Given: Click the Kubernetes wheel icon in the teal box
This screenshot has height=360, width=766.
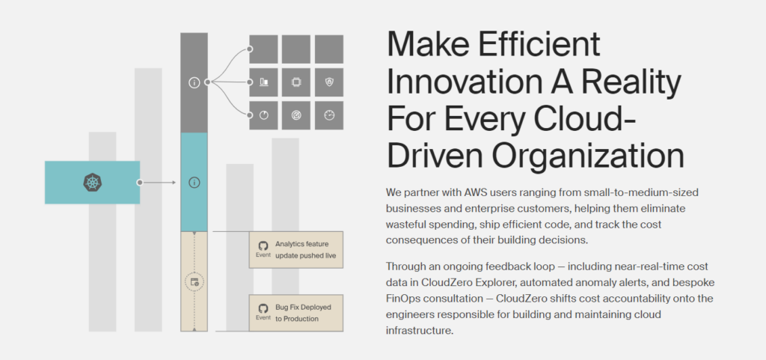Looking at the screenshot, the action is click(x=92, y=182).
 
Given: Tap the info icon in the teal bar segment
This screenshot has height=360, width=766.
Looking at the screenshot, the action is click(x=194, y=183).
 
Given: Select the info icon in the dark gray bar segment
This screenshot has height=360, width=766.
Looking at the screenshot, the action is click(x=194, y=82).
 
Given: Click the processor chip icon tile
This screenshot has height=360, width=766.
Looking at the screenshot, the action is click(x=296, y=82).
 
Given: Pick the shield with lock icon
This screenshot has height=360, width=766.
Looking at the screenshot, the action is click(x=329, y=82).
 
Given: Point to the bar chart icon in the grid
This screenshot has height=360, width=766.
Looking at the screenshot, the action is click(x=264, y=82).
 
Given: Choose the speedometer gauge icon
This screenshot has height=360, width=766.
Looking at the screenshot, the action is click(x=329, y=115).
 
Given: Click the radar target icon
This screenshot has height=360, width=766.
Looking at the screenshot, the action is click(x=296, y=115).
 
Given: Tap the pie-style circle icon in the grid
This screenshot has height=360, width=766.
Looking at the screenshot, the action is click(x=264, y=115).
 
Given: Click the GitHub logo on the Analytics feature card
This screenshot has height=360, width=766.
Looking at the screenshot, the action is click(x=263, y=245).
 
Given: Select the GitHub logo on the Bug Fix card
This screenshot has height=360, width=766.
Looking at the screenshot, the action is click(x=263, y=308).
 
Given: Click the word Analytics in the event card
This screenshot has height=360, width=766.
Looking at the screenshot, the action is click(x=289, y=244).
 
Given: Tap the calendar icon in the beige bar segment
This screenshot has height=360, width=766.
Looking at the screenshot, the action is click(x=194, y=282).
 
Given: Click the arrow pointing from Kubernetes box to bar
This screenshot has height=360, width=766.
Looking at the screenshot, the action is click(x=158, y=183).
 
